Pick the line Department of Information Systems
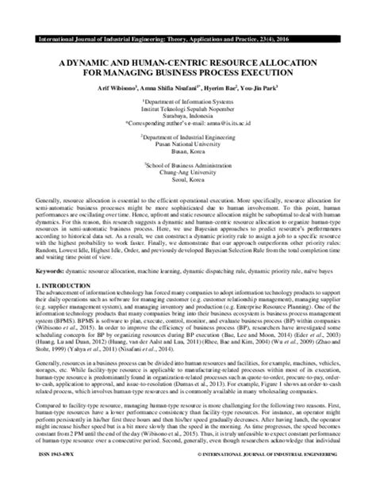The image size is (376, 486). click(188, 101)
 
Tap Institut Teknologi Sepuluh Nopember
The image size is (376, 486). click(188, 109)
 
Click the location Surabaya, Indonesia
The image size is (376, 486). click(188, 117)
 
